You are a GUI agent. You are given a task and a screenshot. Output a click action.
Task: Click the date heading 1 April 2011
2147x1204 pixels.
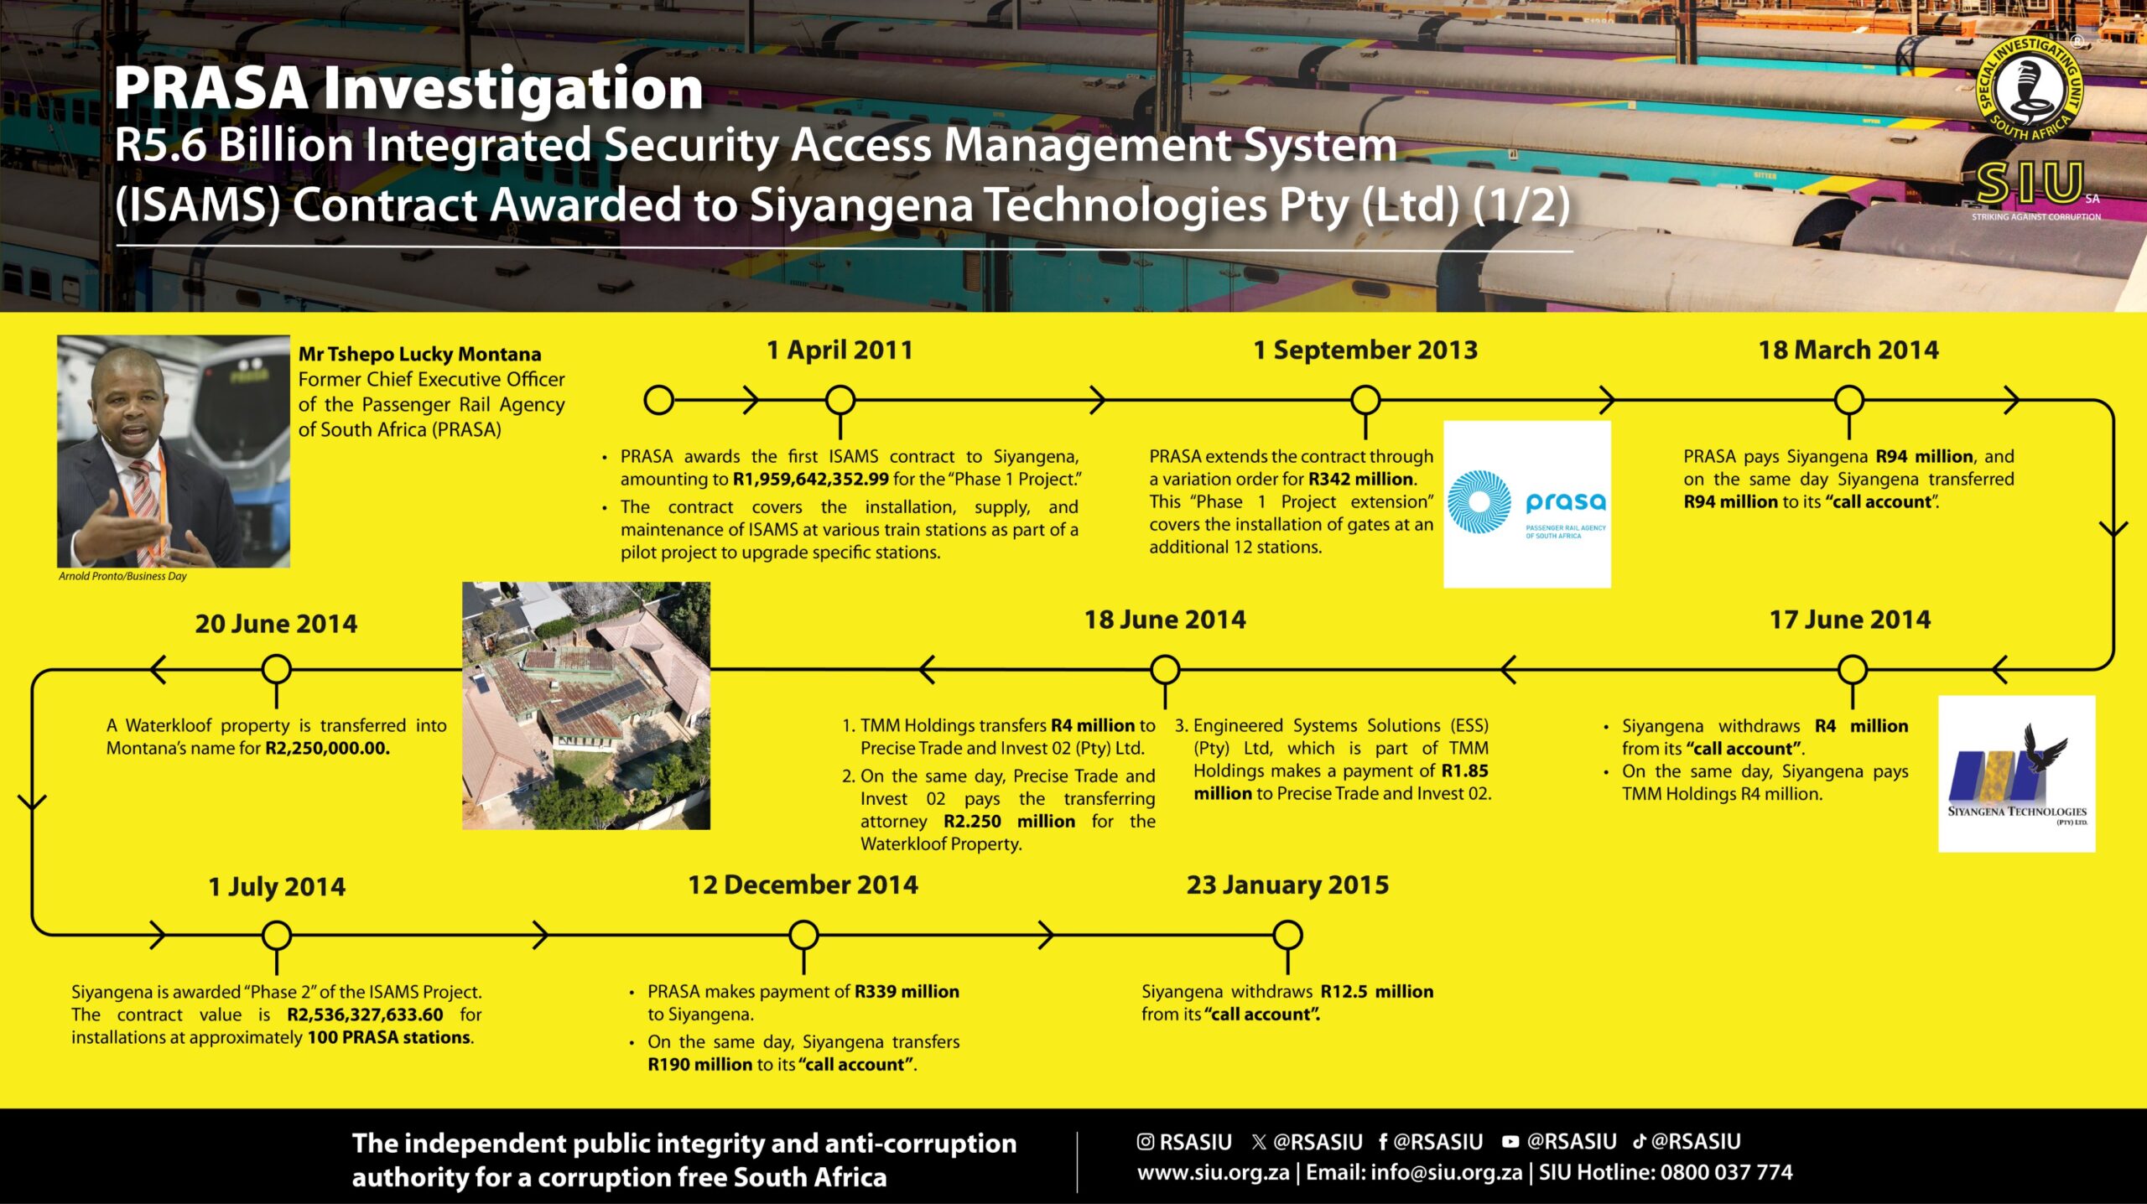(x=840, y=350)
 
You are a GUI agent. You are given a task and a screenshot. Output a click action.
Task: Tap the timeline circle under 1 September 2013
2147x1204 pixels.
(x=1365, y=400)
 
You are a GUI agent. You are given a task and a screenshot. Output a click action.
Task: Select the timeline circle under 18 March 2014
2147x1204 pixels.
(x=1848, y=400)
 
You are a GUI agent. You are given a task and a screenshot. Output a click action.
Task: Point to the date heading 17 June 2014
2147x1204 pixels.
(x=1849, y=620)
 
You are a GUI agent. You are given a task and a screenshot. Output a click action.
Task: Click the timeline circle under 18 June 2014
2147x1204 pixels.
(x=1165, y=670)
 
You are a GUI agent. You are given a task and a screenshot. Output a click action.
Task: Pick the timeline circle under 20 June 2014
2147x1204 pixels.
(x=277, y=670)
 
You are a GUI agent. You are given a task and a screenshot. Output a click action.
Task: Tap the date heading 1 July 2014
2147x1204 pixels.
(x=277, y=886)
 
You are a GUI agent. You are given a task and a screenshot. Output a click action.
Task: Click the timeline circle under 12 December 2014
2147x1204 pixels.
(x=803, y=935)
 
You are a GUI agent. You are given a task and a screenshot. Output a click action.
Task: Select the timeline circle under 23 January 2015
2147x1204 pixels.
(x=1287, y=935)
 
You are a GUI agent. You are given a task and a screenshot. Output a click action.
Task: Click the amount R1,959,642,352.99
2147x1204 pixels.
(x=810, y=480)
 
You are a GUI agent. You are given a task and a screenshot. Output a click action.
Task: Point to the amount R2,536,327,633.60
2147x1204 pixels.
(x=365, y=1015)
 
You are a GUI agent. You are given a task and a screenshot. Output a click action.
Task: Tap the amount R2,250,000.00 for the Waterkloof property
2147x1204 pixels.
(x=328, y=748)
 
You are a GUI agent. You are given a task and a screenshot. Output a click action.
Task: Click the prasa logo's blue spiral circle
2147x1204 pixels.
(x=1479, y=501)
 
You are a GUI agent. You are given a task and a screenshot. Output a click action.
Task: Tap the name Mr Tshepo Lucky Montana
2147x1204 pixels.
(x=420, y=354)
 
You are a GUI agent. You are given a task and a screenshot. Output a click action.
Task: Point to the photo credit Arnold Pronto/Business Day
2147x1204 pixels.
(x=122, y=576)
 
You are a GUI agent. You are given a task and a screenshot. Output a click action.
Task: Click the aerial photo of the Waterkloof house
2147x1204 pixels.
(x=586, y=706)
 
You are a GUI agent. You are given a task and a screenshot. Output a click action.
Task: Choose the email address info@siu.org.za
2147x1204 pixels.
(x=1446, y=1172)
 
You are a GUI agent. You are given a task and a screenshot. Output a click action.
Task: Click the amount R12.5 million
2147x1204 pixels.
(x=1377, y=991)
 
